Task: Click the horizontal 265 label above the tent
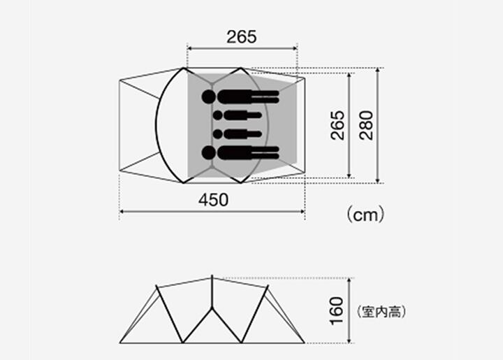pos(242,37)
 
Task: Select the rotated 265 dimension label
pos(337,125)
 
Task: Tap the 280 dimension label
pos(366,125)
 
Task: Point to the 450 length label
pos(213,200)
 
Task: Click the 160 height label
pos(337,311)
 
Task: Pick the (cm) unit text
pos(365,215)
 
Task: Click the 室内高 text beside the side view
pos(381,312)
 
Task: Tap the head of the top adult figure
pos(209,96)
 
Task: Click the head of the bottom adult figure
pos(209,152)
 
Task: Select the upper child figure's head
pos(218,115)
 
